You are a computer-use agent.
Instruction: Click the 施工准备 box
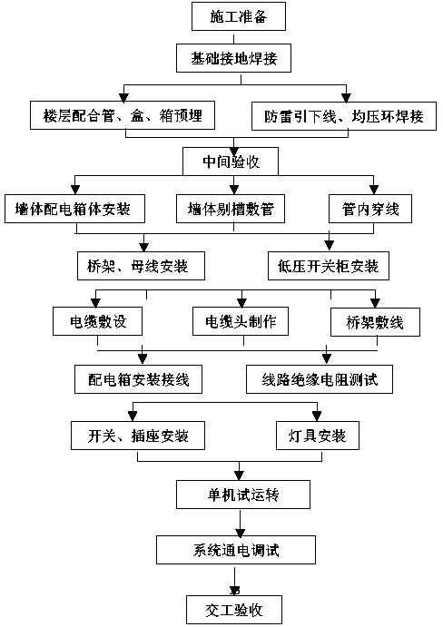pos(239,16)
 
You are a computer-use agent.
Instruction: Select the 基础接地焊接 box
pos(233,58)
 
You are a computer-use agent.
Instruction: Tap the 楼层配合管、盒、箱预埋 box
pos(123,115)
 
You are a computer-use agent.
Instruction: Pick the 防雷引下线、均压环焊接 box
pos(344,116)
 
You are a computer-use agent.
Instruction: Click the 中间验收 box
pos(231,162)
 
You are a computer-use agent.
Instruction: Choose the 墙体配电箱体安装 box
pos(74,209)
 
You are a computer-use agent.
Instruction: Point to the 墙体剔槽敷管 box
pos(231,209)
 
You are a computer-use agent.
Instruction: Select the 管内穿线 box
pos(370,209)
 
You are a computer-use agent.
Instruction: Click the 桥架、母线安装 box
pos(141,266)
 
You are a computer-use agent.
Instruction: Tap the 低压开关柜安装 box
pos(328,266)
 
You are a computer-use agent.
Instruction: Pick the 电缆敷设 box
pos(98,321)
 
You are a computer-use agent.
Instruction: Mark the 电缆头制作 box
pos(241,321)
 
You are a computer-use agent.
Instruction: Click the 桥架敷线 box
pos(375,322)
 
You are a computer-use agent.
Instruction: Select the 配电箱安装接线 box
pos(139,379)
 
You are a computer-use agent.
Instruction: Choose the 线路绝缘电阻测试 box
pos(320,379)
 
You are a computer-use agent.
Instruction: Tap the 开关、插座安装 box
pos(138,436)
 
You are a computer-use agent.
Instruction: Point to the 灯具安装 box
pos(318,436)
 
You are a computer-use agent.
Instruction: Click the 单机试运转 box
pos(243,495)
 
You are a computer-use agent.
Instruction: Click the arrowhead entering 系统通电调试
pos(240,533)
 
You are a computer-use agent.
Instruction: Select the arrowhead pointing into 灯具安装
pos(317,416)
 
